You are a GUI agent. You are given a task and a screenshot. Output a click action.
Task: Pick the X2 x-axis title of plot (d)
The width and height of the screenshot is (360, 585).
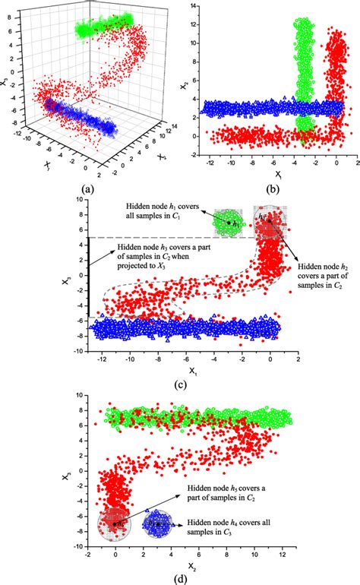[x=183, y=564]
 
